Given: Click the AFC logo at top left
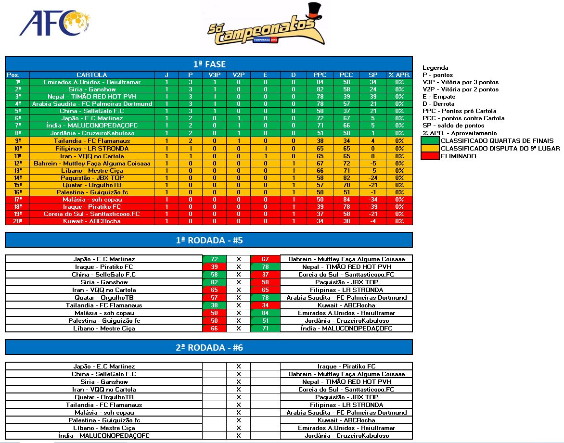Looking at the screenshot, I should (54, 24).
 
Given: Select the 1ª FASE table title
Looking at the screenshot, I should (209, 64).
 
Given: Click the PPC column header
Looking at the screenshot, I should (320, 75).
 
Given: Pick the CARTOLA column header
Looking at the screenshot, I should (92, 75).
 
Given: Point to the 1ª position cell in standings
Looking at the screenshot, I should (18, 82).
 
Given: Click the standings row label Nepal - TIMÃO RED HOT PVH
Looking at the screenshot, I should (92, 97).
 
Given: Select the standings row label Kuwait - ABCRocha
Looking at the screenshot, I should (92, 221).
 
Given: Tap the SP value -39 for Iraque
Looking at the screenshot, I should (373, 207).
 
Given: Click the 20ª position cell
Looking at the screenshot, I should (18, 221).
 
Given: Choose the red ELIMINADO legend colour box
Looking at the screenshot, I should (430, 156).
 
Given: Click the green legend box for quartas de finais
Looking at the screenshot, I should (430, 140).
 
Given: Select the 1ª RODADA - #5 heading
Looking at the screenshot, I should (209, 240).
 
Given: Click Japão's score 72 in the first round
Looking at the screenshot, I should (214, 259).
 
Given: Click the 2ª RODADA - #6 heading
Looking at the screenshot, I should (209, 348).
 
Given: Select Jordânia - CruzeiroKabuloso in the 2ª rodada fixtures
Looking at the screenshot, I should (346, 436).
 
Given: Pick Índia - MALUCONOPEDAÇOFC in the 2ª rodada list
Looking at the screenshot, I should (104, 436).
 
